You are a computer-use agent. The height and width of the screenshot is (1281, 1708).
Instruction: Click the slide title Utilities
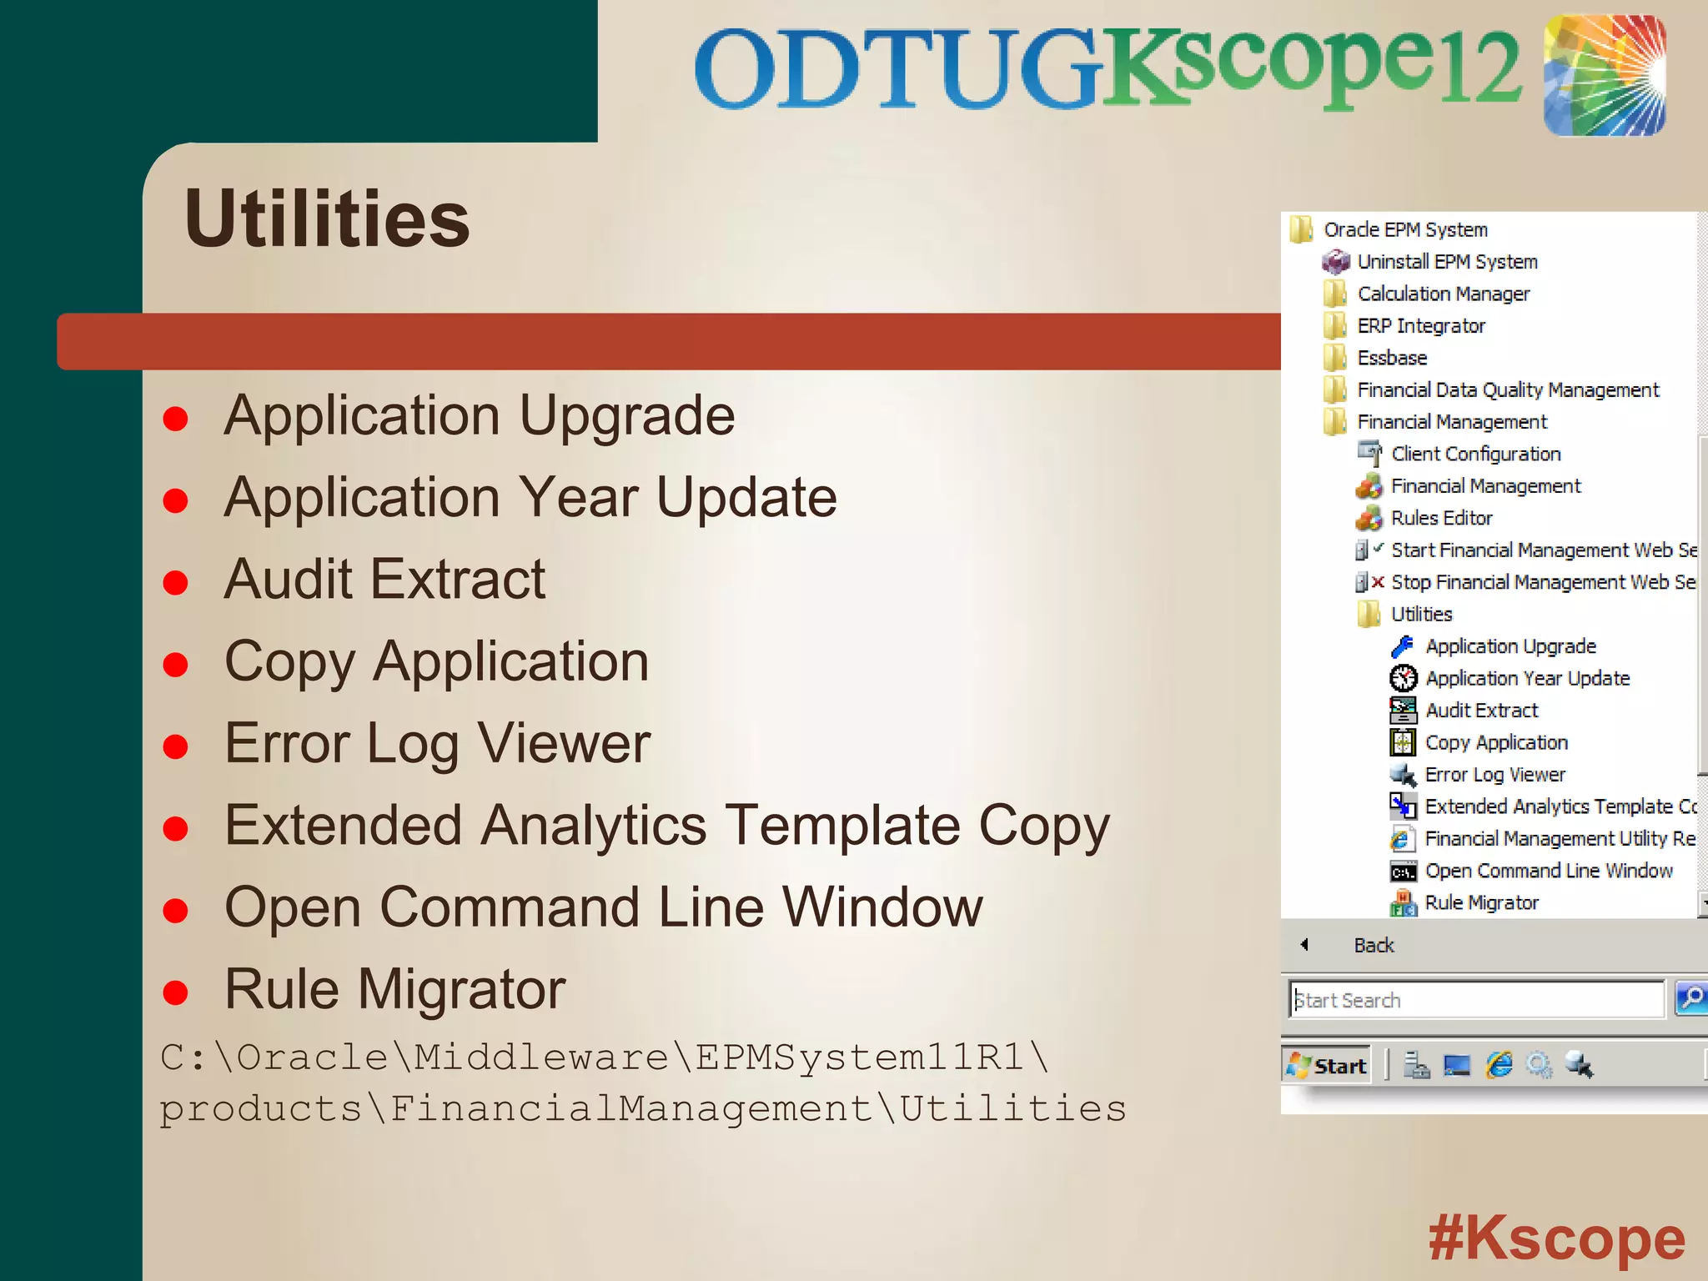click(x=327, y=219)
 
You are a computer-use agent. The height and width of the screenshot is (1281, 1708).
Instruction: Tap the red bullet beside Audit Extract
click(x=175, y=582)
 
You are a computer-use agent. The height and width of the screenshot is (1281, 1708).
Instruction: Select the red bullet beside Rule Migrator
click(x=175, y=992)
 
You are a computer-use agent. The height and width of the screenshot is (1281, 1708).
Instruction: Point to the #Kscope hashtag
click(x=1556, y=1238)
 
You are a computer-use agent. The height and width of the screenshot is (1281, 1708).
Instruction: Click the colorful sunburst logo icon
click(x=1605, y=75)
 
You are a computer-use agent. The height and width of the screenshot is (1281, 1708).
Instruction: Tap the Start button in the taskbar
click(x=1327, y=1066)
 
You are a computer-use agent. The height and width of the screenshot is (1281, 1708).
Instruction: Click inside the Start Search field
click(x=1476, y=1000)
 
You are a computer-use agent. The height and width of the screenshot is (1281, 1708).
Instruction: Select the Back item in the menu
click(x=1374, y=945)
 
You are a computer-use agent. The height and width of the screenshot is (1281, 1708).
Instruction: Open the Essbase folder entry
click(x=1392, y=358)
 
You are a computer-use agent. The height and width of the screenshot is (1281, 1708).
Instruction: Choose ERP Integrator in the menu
click(x=1421, y=326)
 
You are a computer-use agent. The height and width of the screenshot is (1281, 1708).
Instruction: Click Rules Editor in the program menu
click(x=1441, y=518)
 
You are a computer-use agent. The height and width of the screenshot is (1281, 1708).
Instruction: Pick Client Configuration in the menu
click(x=1475, y=454)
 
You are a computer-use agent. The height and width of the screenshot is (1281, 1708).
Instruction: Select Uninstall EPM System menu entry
click(x=1447, y=262)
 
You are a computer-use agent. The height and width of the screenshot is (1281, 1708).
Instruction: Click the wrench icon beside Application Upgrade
click(x=1403, y=646)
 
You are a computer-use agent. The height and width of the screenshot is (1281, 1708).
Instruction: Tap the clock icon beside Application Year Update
click(x=1403, y=678)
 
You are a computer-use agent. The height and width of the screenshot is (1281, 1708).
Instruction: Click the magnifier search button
click(x=1690, y=998)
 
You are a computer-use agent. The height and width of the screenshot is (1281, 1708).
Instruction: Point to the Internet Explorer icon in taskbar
click(x=1499, y=1065)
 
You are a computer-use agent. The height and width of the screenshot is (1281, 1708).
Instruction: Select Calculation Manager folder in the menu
click(x=1443, y=294)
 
